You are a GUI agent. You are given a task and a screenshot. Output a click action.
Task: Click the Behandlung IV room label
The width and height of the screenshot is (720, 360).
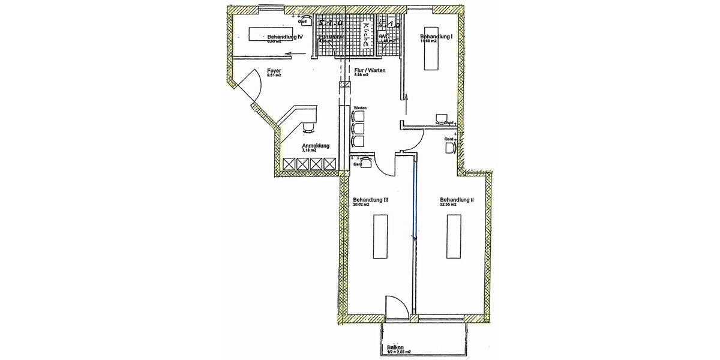[285, 37]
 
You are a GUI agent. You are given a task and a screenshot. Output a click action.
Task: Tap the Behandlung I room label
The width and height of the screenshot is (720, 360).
[436, 37]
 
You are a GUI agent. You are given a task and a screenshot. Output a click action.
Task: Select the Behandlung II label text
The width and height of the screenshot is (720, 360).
[457, 200]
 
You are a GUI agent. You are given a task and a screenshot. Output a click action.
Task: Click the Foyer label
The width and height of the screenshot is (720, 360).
[274, 71]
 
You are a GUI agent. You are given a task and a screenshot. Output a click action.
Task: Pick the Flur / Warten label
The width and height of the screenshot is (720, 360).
[370, 71]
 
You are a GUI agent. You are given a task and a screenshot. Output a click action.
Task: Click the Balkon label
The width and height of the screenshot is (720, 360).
[394, 347]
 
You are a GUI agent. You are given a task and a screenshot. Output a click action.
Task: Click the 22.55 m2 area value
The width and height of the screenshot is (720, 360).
[448, 205]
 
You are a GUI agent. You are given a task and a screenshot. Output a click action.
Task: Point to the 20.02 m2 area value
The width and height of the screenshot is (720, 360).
[361, 205]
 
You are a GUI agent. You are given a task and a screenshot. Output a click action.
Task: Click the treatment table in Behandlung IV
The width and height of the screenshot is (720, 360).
[269, 34]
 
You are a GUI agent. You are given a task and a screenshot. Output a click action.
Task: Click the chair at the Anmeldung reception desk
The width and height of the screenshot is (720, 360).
[308, 127]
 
